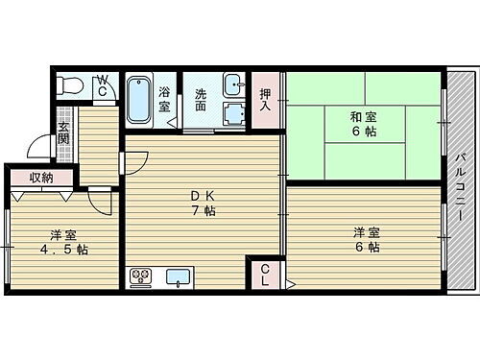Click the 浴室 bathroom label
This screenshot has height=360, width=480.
(x=165, y=100)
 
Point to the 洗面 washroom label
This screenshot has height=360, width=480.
(x=202, y=100)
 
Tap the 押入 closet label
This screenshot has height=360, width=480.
(x=266, y=100)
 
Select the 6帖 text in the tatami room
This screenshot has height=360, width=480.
(x=363, y=134)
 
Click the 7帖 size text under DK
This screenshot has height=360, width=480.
(x=202, y=211)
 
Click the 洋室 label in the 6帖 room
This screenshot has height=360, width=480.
(x=365, y=231)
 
